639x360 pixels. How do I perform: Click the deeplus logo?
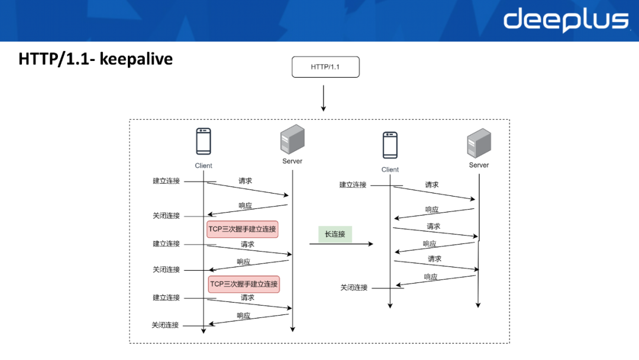tap(566, 20)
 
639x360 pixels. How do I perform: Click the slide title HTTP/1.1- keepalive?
tap(95, 59)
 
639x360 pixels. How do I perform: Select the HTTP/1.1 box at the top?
tap(325, 67)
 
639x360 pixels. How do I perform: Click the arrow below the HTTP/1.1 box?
tap(324, 98)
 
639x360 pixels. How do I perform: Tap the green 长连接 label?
tap(335, 234)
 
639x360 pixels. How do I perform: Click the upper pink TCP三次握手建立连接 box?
tap(243, 229)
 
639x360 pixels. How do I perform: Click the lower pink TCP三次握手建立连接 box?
tap(244, 284)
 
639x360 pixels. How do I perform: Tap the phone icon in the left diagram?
tap(204, 142)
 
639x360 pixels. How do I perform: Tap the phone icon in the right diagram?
tap(390, 145)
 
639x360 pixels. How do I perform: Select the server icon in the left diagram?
tap(292, 139)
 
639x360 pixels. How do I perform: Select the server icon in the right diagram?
tap(479, 143)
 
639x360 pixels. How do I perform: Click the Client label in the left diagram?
tap(204, 166)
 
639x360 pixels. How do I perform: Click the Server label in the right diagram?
tap(479, 165)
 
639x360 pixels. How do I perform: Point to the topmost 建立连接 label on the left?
tap(166, 181)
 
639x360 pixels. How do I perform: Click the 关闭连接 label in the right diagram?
tap(354, 288)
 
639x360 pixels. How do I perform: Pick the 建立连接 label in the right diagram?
tap(353, 185)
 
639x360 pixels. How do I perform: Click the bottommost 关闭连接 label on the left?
tap(166, 325)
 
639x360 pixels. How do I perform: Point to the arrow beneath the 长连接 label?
tap(341, 244)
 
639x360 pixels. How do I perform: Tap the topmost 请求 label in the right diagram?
tap(432, 185)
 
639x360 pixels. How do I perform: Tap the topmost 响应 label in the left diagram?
tap(246, 206)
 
